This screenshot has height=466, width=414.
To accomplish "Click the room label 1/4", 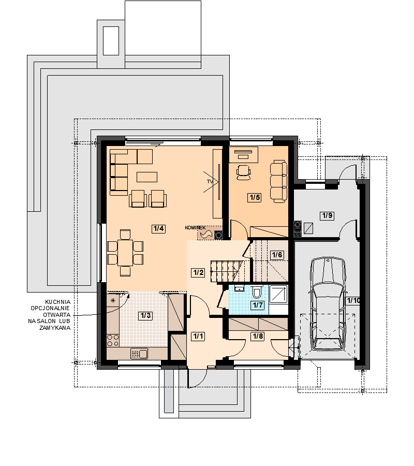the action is pyautogui.click(x=158, y=228).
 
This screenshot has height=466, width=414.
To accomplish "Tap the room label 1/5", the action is pyautogui.click(x=255, y=197).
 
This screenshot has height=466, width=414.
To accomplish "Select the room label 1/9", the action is pyautogui.click(x=327, y=215).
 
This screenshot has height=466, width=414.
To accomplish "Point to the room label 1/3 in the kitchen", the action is pyautogui.click(x=145, y=316).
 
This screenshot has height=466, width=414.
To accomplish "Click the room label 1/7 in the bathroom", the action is pyautogui.click(x=258, y=305).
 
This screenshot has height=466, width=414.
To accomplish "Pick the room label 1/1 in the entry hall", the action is pyautogui.click(x=198, y=336).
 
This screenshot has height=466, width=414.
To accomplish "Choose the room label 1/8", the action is pyautogui.click(x=258, y=336).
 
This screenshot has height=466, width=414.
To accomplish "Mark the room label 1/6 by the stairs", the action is pyautogui.click(x=277, y=255).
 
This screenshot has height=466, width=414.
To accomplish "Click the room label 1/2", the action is pyautogui.click(x=198, y=272).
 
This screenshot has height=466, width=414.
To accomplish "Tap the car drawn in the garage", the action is pyautogui.click(x=328, y=304).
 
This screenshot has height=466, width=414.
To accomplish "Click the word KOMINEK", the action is pyautogui.click(x=195, y=228).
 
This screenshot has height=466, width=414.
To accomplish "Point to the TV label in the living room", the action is pyautogui.click(x=210, y=181).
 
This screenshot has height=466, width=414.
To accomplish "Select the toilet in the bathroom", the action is pyautogui.click(x=257, y=292).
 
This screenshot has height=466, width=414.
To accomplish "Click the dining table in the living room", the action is pyautogui.click(x=125, y=253).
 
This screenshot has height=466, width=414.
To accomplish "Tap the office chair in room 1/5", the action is pyautogui.click(x=244, y=172).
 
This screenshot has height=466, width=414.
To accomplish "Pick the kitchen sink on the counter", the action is pyautogui.click(x=139, y=354).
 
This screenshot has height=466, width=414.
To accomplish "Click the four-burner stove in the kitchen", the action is pyautogui.click(x=113, y=340).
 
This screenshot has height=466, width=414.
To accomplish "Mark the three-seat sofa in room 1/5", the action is pyautogui.click(x=278, y=182).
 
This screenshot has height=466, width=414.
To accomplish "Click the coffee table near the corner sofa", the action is pyautogui.click(x=147, y=177).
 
